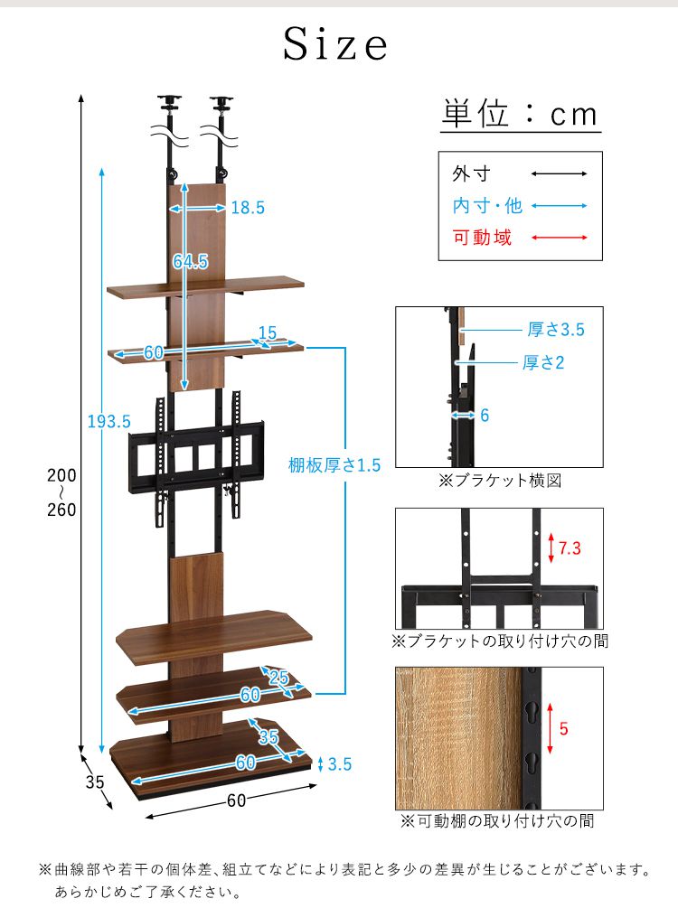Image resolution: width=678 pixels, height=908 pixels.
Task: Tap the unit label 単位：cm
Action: click(520, 115)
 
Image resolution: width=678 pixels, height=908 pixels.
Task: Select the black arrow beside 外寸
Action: click(560, 173)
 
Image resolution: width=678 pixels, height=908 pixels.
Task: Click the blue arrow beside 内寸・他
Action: click(560, 206)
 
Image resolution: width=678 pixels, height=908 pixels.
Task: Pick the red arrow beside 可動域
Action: click(560, 239)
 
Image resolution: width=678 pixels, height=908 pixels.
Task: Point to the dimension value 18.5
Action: click(247, 208)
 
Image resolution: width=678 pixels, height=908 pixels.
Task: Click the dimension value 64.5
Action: click(191, 262)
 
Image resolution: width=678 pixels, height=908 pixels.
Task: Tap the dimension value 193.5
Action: click(109, 421)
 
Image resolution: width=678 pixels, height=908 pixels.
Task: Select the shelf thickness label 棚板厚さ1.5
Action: click(334, 465)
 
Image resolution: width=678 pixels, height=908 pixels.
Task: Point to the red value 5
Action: click(563, 729)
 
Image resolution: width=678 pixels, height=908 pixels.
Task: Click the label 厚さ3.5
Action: click(556, 330)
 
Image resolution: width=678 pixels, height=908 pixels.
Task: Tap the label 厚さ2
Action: click(543, 362)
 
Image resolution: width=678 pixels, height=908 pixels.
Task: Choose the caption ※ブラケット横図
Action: click(499, 481)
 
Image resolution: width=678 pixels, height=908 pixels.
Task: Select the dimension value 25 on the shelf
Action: click(279, 678)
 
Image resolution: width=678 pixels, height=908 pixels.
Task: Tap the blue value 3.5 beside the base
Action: click(339, 764)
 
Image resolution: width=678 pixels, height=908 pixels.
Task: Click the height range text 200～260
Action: click(61, 492)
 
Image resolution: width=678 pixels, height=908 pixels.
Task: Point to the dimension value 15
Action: click(267, 333)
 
